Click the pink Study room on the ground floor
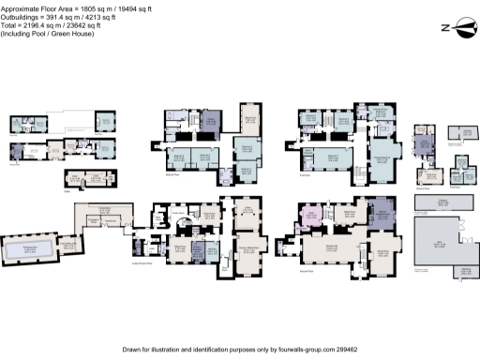tap(311, 222)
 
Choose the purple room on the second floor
tap(211, 122)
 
